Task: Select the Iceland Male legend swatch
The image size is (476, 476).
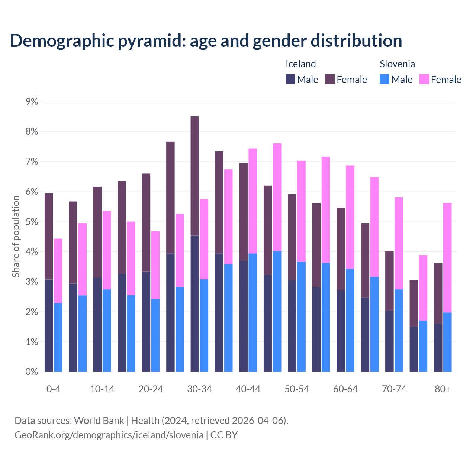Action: coord(290,79)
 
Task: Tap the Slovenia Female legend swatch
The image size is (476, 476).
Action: coord(424,79)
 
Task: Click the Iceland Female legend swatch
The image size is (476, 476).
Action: coord(330,79)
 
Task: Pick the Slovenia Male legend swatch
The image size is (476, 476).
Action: coord(385,79)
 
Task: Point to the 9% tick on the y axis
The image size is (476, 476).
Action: coord(32,102)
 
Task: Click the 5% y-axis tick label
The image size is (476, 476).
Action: coord(32,222)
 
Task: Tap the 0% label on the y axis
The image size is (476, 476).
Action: coord(32,372)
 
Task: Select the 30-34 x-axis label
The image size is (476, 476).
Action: coord(199,389)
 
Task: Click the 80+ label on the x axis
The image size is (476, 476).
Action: coord(443,389)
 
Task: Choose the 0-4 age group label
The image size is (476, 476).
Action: coord(53,389)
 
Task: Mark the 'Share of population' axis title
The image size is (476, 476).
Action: coord(16,237)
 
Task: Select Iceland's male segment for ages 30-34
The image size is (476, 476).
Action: coord(195,303)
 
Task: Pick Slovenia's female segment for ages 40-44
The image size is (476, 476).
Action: coord(253,201)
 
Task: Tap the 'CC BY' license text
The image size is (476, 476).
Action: coord(224,435)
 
